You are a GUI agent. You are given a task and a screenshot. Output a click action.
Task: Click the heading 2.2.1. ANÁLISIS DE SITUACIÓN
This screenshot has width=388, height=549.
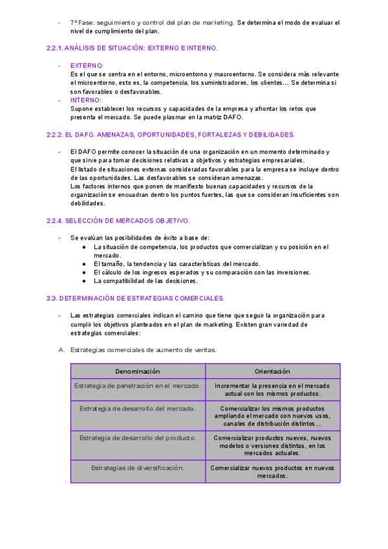tap(132, 48)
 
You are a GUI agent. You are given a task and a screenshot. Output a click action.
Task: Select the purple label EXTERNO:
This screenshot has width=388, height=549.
tap(87, 65)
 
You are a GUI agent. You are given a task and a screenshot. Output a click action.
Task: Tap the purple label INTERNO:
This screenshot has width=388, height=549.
tap(85, 100)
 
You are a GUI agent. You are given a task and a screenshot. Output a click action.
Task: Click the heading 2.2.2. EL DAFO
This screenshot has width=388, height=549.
tap(171, 135)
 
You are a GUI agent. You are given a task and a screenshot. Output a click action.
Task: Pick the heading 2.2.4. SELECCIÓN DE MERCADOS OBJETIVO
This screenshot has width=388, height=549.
tap(118, 220)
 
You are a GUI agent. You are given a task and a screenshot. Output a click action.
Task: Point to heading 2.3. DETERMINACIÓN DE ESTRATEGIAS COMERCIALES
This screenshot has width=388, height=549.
tap(135, 298)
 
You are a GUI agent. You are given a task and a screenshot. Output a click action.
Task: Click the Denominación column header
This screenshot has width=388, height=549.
tap(137, 372)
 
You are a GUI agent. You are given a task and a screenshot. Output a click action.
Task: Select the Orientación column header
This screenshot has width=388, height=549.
tap(272, 372)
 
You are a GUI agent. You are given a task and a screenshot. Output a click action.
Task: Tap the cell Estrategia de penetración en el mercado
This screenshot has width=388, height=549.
tap(137, 386)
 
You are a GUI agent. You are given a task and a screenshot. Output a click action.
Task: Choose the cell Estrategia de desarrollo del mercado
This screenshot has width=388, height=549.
tap(137, 409)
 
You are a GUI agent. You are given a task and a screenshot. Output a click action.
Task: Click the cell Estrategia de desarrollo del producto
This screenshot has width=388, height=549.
tap(137, 438)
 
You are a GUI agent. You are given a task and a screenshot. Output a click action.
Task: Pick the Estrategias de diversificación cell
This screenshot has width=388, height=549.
tap(137, 467)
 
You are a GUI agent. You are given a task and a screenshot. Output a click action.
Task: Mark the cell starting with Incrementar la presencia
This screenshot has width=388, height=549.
tap(272, 390)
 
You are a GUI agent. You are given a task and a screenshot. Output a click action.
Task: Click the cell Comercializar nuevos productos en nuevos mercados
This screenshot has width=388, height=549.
tap(272, 471)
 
